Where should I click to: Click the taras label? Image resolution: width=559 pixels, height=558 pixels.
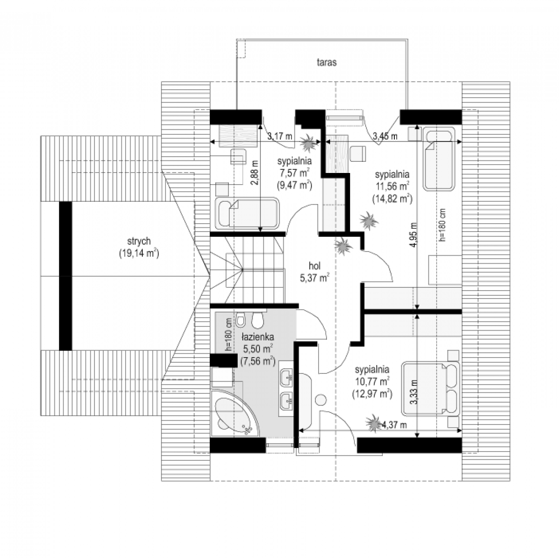[x=326, y=62]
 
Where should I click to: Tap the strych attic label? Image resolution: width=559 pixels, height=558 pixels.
[x=139, y=241]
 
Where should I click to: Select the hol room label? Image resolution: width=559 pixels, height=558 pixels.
[x=314, y=266]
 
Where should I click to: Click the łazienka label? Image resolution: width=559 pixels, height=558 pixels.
[x=258, y=337]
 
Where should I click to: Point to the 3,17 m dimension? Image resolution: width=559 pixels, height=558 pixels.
[x=279, y=136]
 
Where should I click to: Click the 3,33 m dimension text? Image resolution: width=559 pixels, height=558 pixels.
[x=415, y=392]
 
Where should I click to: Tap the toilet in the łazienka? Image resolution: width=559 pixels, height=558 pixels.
[x=257, y=320]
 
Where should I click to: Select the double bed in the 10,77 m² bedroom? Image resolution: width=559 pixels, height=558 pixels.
[x=431, y=389]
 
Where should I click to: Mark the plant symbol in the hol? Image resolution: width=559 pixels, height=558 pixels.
[x=344, y=246]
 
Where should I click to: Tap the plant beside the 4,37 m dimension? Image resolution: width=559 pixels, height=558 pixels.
[x=373, y=424]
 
